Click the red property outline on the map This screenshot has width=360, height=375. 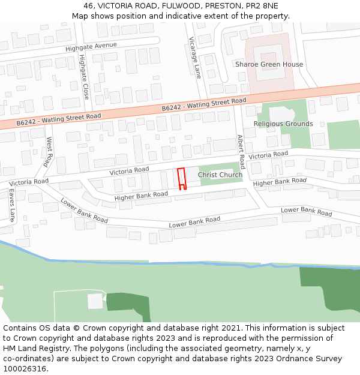(182, 178)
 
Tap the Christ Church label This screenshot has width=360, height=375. (220, 175)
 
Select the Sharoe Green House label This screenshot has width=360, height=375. (269, 64)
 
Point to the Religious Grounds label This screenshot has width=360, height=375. (283, 124)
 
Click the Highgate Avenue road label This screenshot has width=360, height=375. (91, 46)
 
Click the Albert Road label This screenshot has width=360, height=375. (241, 152)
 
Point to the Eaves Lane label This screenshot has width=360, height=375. (11, 205)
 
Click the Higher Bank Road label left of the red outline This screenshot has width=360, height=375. (141, 196)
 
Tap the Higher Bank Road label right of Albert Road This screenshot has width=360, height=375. (280, 182)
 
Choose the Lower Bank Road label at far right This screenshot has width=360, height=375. (306, 211)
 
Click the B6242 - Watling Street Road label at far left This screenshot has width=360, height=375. (59, 119)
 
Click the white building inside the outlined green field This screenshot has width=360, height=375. (95, 301)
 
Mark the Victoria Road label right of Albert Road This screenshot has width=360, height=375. (268, 155)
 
